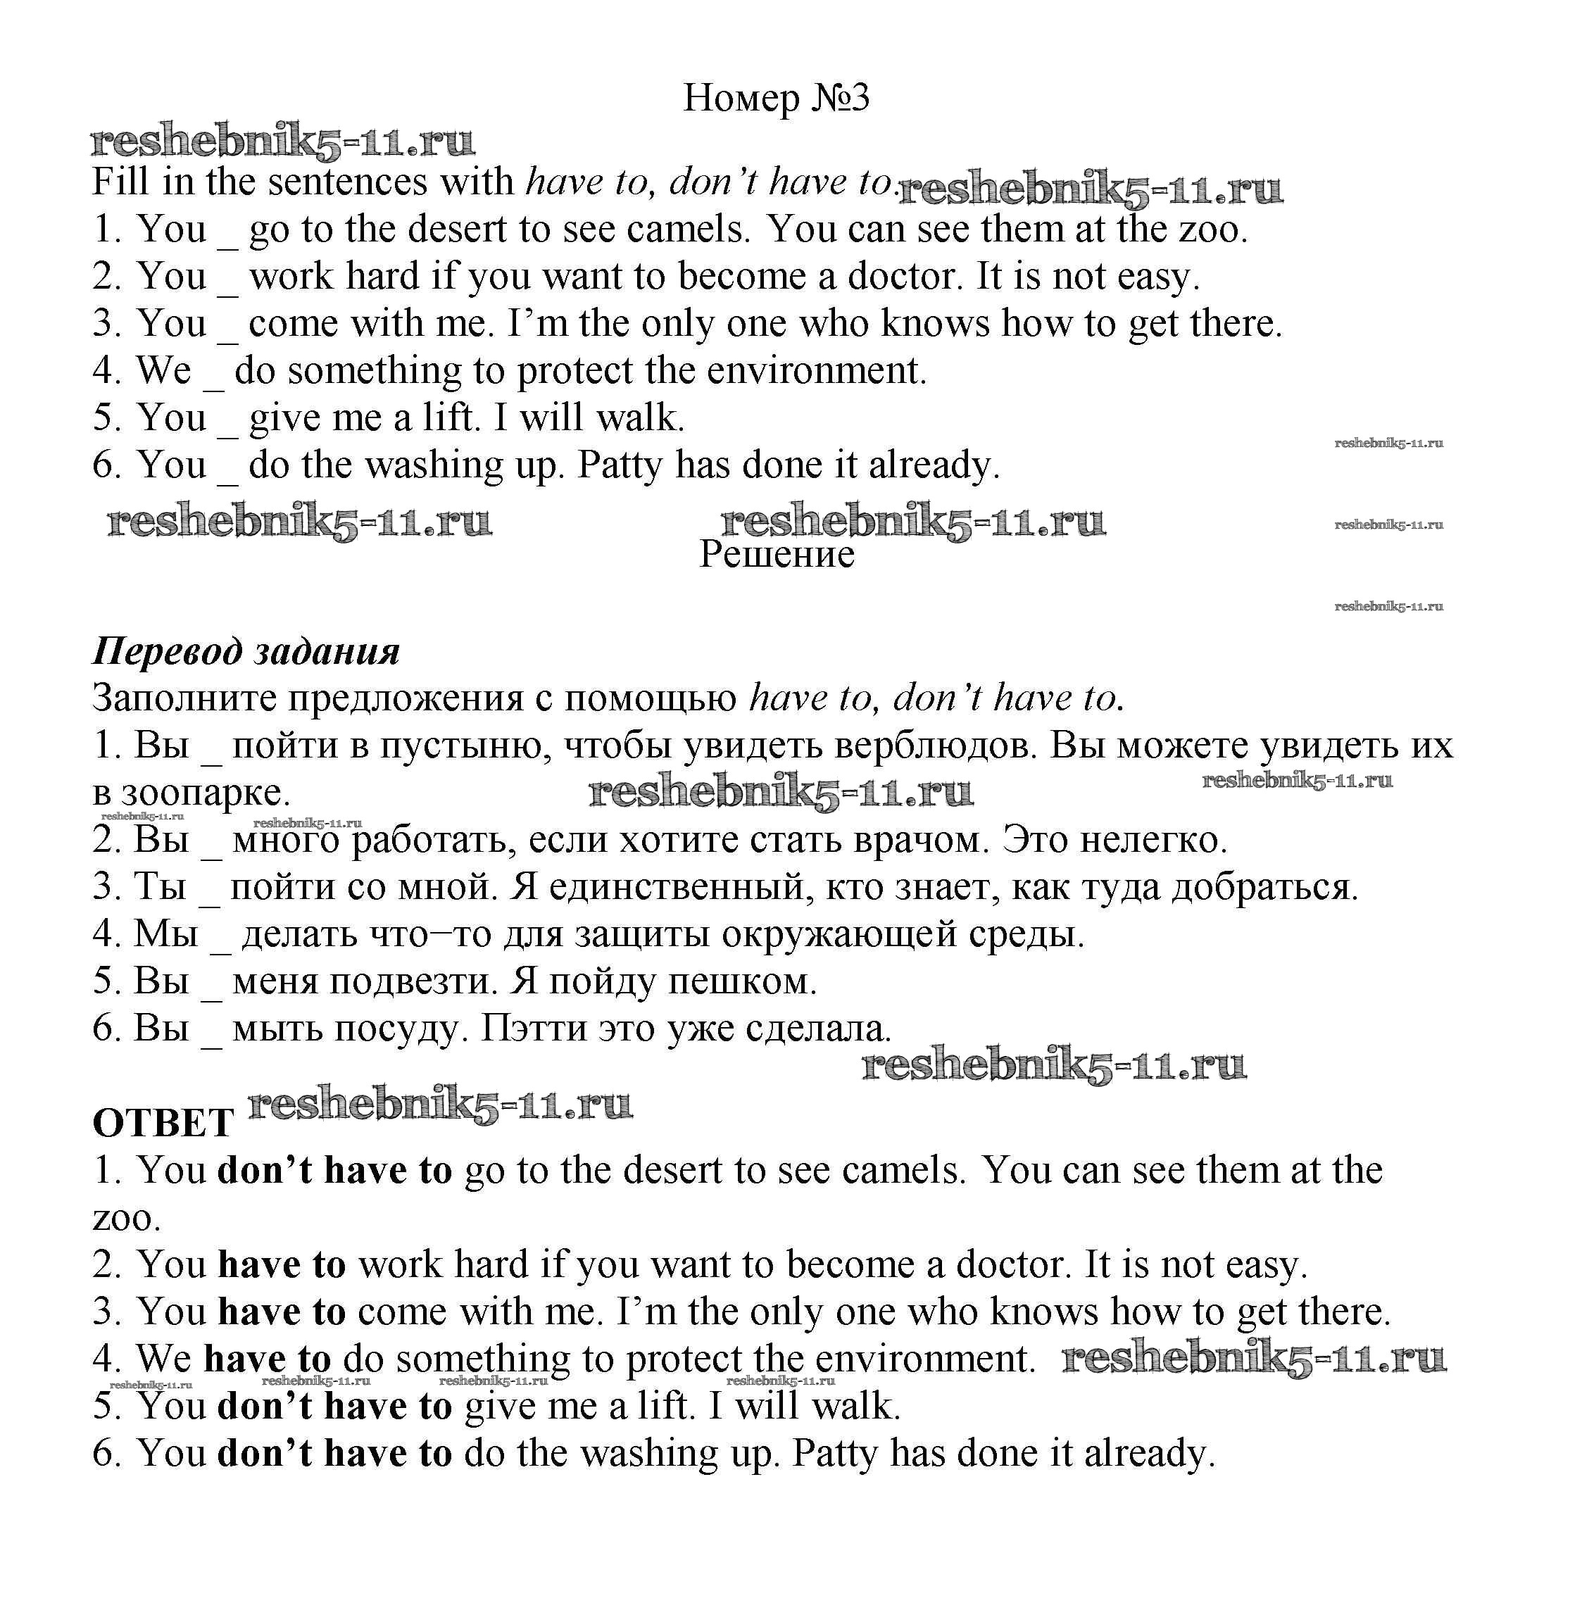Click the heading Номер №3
(776, 98)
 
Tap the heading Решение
(776, 554)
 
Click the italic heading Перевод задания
(246, 651)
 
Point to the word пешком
(741, 981)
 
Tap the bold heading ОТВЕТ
(163, 1124)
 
